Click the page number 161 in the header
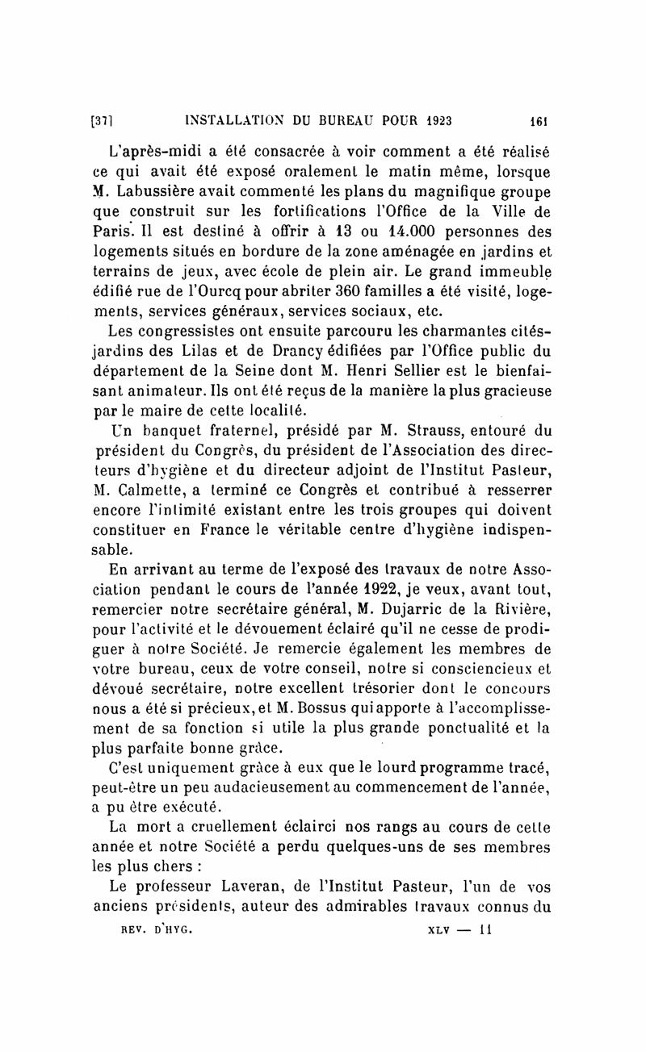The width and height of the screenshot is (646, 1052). [539, 122]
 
